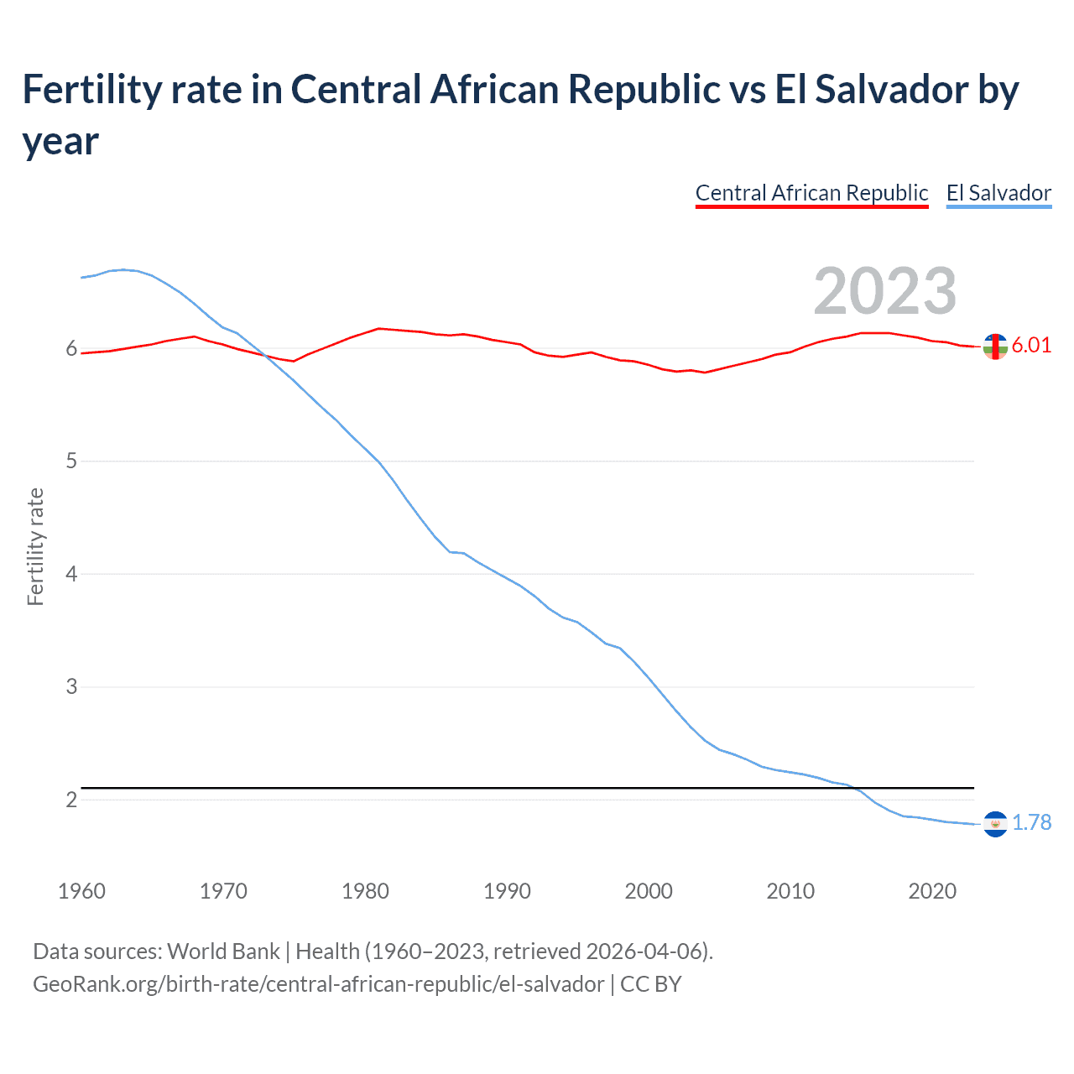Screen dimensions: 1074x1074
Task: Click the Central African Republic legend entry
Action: (x=811, y=193)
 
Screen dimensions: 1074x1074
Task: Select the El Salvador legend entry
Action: (x=998, y=193)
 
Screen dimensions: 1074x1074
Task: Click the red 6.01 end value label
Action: (x=1031, y=346)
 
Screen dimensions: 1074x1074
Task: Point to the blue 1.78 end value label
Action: (x=1031, y=822)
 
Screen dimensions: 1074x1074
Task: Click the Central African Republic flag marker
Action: (x=995, y=346)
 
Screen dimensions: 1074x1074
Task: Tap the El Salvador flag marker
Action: (x=995, y=824)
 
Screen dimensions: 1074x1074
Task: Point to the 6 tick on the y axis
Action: (x=71, y=348)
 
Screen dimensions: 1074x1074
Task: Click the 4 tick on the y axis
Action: (x=71, y=574)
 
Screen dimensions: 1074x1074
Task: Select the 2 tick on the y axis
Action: (x=71, y=800)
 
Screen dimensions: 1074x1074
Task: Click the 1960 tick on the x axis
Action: (x=81, y=891)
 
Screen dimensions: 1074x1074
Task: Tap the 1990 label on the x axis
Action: (x=507, y=891)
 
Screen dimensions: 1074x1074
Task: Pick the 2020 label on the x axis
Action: (x=932, y=891)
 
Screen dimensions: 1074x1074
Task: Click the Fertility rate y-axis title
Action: (x=35, y=546)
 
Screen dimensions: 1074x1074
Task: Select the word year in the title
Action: (x=60, y=141)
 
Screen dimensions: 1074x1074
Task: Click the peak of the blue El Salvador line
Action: (x=123, y=269)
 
